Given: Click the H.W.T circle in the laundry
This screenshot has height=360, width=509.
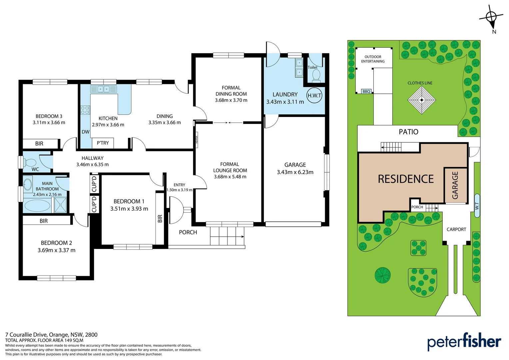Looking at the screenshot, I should click(x=314, y=95).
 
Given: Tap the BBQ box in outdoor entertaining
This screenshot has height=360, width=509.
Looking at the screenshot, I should click(x=366, y=91).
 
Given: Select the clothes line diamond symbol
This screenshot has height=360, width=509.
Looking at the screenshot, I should click(x=422, y=100).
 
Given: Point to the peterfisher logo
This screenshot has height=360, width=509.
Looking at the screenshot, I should click(x=464, y=342).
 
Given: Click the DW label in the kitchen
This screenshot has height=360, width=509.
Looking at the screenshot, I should click(x=86, y=132).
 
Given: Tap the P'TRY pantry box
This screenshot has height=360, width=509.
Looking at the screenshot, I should click(x=103, y=143).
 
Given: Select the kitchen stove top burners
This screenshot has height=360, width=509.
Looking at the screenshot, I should click(x=85, y=110).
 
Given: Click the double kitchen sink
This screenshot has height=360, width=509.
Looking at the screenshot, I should click(x=103, y=89).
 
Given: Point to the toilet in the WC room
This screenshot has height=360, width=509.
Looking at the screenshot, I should click(x=30, y=163).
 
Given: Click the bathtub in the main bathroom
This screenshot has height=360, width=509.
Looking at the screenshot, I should click(x=37, y=205).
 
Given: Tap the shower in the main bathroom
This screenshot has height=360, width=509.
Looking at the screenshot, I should click(x=60, y=205).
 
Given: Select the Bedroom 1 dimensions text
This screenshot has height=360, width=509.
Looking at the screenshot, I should click(x=129, y=209).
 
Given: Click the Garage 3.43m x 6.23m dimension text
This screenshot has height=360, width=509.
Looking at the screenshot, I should click(x=295, y=172).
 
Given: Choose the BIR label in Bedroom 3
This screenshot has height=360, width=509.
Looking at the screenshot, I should click(x=39, y=144).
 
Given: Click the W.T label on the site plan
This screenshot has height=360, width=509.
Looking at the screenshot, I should click(x=477, y=206).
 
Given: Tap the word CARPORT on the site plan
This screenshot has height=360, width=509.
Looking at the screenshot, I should click(x=456, y=229).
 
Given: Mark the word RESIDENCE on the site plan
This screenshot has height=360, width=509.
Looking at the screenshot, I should click(x=406, y=179).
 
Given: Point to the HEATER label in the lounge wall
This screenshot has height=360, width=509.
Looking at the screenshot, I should click(x=197, y=140).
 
